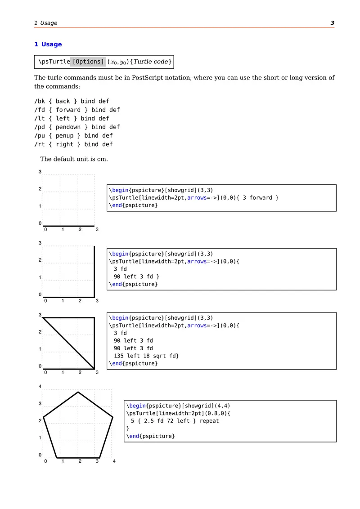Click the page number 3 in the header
[x=332, y=23]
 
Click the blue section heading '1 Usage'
[x=48, y=44]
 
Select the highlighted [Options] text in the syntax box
[x=88, y=62]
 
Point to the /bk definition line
[x=72, y=101]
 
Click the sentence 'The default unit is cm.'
[x=74, y=159]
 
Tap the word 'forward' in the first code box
[x=262, y=198]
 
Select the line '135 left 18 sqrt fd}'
[x=146, y=356]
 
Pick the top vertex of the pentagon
[x=78, y=392]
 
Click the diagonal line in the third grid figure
[x=68, y=343]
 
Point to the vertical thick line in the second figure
[x=94, y=271]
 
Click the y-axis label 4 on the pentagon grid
[x=40, y=387]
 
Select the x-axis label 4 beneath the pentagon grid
[x=114, y=461]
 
